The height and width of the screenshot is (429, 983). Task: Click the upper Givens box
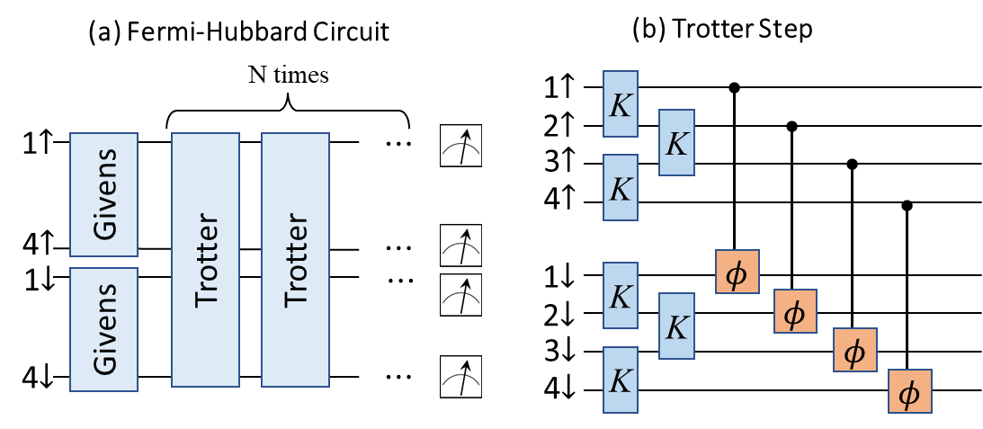(104, 194)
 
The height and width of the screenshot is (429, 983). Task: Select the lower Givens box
(104, 329)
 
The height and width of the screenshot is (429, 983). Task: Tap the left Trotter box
(205, 260)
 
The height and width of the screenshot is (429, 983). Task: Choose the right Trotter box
(295, 260)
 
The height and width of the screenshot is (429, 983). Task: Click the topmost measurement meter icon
(460, 146)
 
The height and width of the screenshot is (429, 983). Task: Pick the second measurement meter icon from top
(460, 246)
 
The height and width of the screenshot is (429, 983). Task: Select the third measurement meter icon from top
(460, 295)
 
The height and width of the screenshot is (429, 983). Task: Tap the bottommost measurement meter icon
(460, 377)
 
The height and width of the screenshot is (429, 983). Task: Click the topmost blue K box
(621, 104)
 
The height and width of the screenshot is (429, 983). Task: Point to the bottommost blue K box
(621, 380)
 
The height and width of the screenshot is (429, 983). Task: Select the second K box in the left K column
(621, 187)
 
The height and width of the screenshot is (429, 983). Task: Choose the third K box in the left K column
(621, 296)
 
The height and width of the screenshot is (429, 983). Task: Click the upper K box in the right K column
(676, 142)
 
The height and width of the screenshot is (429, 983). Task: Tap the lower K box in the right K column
(676, 326)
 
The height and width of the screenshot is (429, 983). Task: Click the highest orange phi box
(737, 272)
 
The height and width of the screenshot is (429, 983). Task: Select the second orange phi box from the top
(795, 311)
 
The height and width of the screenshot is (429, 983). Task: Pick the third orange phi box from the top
(854, 350)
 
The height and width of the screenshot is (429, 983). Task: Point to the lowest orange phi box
(910, 391)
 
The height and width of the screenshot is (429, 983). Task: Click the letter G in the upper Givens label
(105, 227)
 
